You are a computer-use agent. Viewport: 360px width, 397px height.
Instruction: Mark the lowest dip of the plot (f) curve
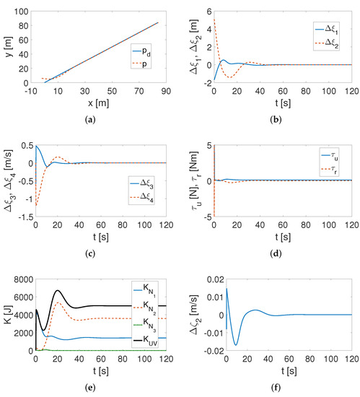click(x=217, y=344)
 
